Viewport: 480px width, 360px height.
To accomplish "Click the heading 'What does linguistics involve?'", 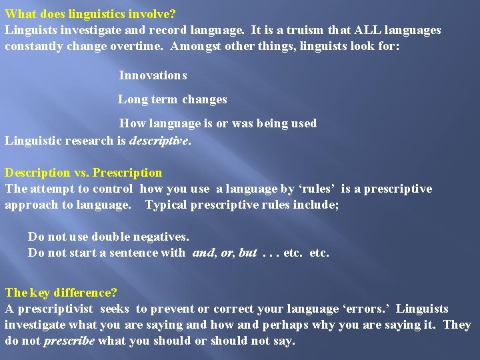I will [90, 13].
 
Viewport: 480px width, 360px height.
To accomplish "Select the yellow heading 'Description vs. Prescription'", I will [83, 173].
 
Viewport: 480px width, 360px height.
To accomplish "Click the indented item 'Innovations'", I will [153, 75].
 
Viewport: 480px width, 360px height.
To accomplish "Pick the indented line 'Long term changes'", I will [173, 99].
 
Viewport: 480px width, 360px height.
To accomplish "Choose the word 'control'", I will [115, 189].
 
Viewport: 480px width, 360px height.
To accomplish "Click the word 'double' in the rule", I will [111, 237].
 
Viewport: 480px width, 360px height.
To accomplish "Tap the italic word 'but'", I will [247, 253].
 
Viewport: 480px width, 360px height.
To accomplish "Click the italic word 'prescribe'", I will [70, 341].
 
